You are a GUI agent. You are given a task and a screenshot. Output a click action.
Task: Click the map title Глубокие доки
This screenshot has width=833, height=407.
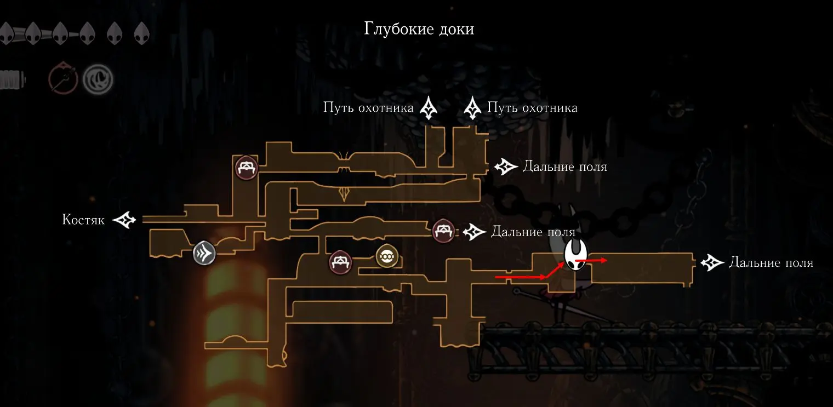click(419, 29)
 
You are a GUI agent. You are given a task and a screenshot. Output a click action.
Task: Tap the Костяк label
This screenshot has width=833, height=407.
click(83, 220)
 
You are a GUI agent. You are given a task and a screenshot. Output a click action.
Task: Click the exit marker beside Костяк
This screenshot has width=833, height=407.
click(124, 220)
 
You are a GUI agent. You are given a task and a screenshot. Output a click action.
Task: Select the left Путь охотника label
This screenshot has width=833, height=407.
click(368, 108)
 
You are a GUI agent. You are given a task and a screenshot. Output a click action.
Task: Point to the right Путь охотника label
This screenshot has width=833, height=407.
click(532, 108)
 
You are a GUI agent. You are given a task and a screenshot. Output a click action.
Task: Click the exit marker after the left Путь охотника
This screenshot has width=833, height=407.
click(427, 108)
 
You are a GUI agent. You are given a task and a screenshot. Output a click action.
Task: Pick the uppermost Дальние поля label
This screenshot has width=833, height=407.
click(565, 166)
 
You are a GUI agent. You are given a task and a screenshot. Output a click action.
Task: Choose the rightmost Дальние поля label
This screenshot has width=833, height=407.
click(771, 263)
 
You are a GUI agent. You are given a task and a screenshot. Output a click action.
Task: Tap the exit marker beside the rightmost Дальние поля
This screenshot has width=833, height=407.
click(711, 263)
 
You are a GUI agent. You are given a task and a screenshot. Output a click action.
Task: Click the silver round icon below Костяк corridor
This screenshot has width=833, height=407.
click(204, 254)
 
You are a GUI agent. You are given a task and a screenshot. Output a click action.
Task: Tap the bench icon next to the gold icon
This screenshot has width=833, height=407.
click(340, 261)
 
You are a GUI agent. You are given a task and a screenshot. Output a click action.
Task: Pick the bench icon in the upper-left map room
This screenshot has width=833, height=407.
click(246, 167)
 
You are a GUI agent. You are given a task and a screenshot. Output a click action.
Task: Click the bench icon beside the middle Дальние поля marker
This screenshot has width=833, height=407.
click(443, 231)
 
